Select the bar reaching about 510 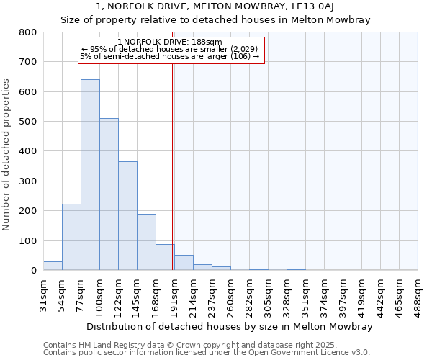pyautogui.click(x=109, y=194)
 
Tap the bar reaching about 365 pyautogui.click(x=127, y=216)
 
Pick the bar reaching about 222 pyautogui.click(x=71, y=237)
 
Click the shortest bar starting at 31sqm pyautogui.click(x=53, y=266)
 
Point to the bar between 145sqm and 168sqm pyautogui.click(x=146, y=242)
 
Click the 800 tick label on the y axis pyautogui.click(x=28, y=32)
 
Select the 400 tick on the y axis pyautogui.click(x=28, y=151)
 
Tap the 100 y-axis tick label pyautogui.click(x=28, y=240)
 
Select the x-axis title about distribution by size pyautogui.click(x=228, y=327)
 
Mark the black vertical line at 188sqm pyautogui.click(x=173, y=166)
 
